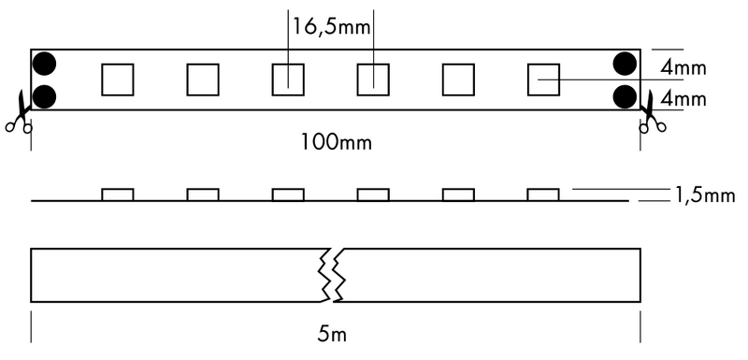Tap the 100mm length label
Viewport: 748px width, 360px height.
(x=336, y=142)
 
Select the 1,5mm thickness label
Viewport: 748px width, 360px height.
(x=703, y=195)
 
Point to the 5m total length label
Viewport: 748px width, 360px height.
(x=336, y=332)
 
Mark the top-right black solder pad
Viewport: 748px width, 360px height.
(x=626, y=64)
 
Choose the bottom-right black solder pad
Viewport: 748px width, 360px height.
(x=626, y=95)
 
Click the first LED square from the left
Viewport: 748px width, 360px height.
(x=117, y=79)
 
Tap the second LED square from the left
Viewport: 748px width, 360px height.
(x=202, y=79)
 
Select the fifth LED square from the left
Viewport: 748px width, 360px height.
(x=457, y=79)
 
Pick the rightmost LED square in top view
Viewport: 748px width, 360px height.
(x=542, y=79)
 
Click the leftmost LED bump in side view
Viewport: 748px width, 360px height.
(x=117, y=194)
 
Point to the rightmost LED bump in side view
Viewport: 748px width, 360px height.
(x=542, y=194)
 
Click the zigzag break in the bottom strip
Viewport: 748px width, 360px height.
(x=335, y=275)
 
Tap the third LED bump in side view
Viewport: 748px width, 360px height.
(x=287, y=194)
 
